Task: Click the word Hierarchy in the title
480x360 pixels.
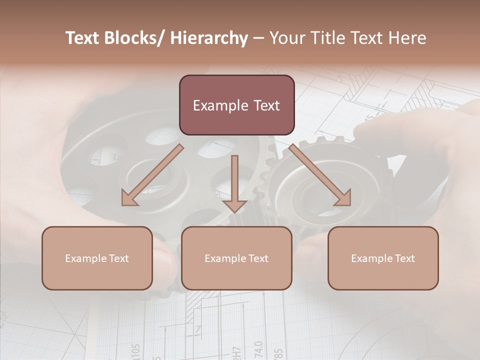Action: (x=209, y=38)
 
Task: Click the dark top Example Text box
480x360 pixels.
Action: (x=236, y=105)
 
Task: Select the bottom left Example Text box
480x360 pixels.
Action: (x=97, y=258)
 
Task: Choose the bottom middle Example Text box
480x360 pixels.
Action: (x=236, y=258)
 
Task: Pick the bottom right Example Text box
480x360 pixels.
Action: (x=383, y=258)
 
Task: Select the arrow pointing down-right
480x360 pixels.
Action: (x=320, y=175)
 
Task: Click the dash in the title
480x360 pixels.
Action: (x=258, y=38)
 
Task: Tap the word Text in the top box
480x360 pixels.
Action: (x=265, y=105)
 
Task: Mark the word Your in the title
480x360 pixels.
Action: (x=286, y=38)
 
